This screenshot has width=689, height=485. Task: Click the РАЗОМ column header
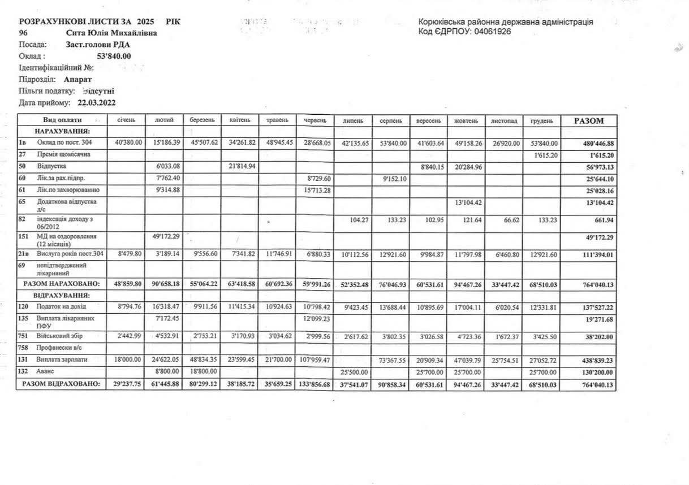tap(588, 120)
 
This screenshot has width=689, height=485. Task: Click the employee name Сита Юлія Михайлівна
tap(111, 33)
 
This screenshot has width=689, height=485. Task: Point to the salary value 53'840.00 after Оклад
tap(114, 56)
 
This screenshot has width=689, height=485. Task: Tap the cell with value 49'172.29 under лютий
tap(163, 236)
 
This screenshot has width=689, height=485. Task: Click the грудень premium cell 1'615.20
tap(542, 154)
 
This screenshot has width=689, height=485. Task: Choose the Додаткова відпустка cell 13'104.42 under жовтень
tap(466, 202)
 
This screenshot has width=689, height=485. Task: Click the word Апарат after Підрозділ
tap(77, 80)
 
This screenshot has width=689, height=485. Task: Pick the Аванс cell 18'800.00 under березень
tap(202, 372)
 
